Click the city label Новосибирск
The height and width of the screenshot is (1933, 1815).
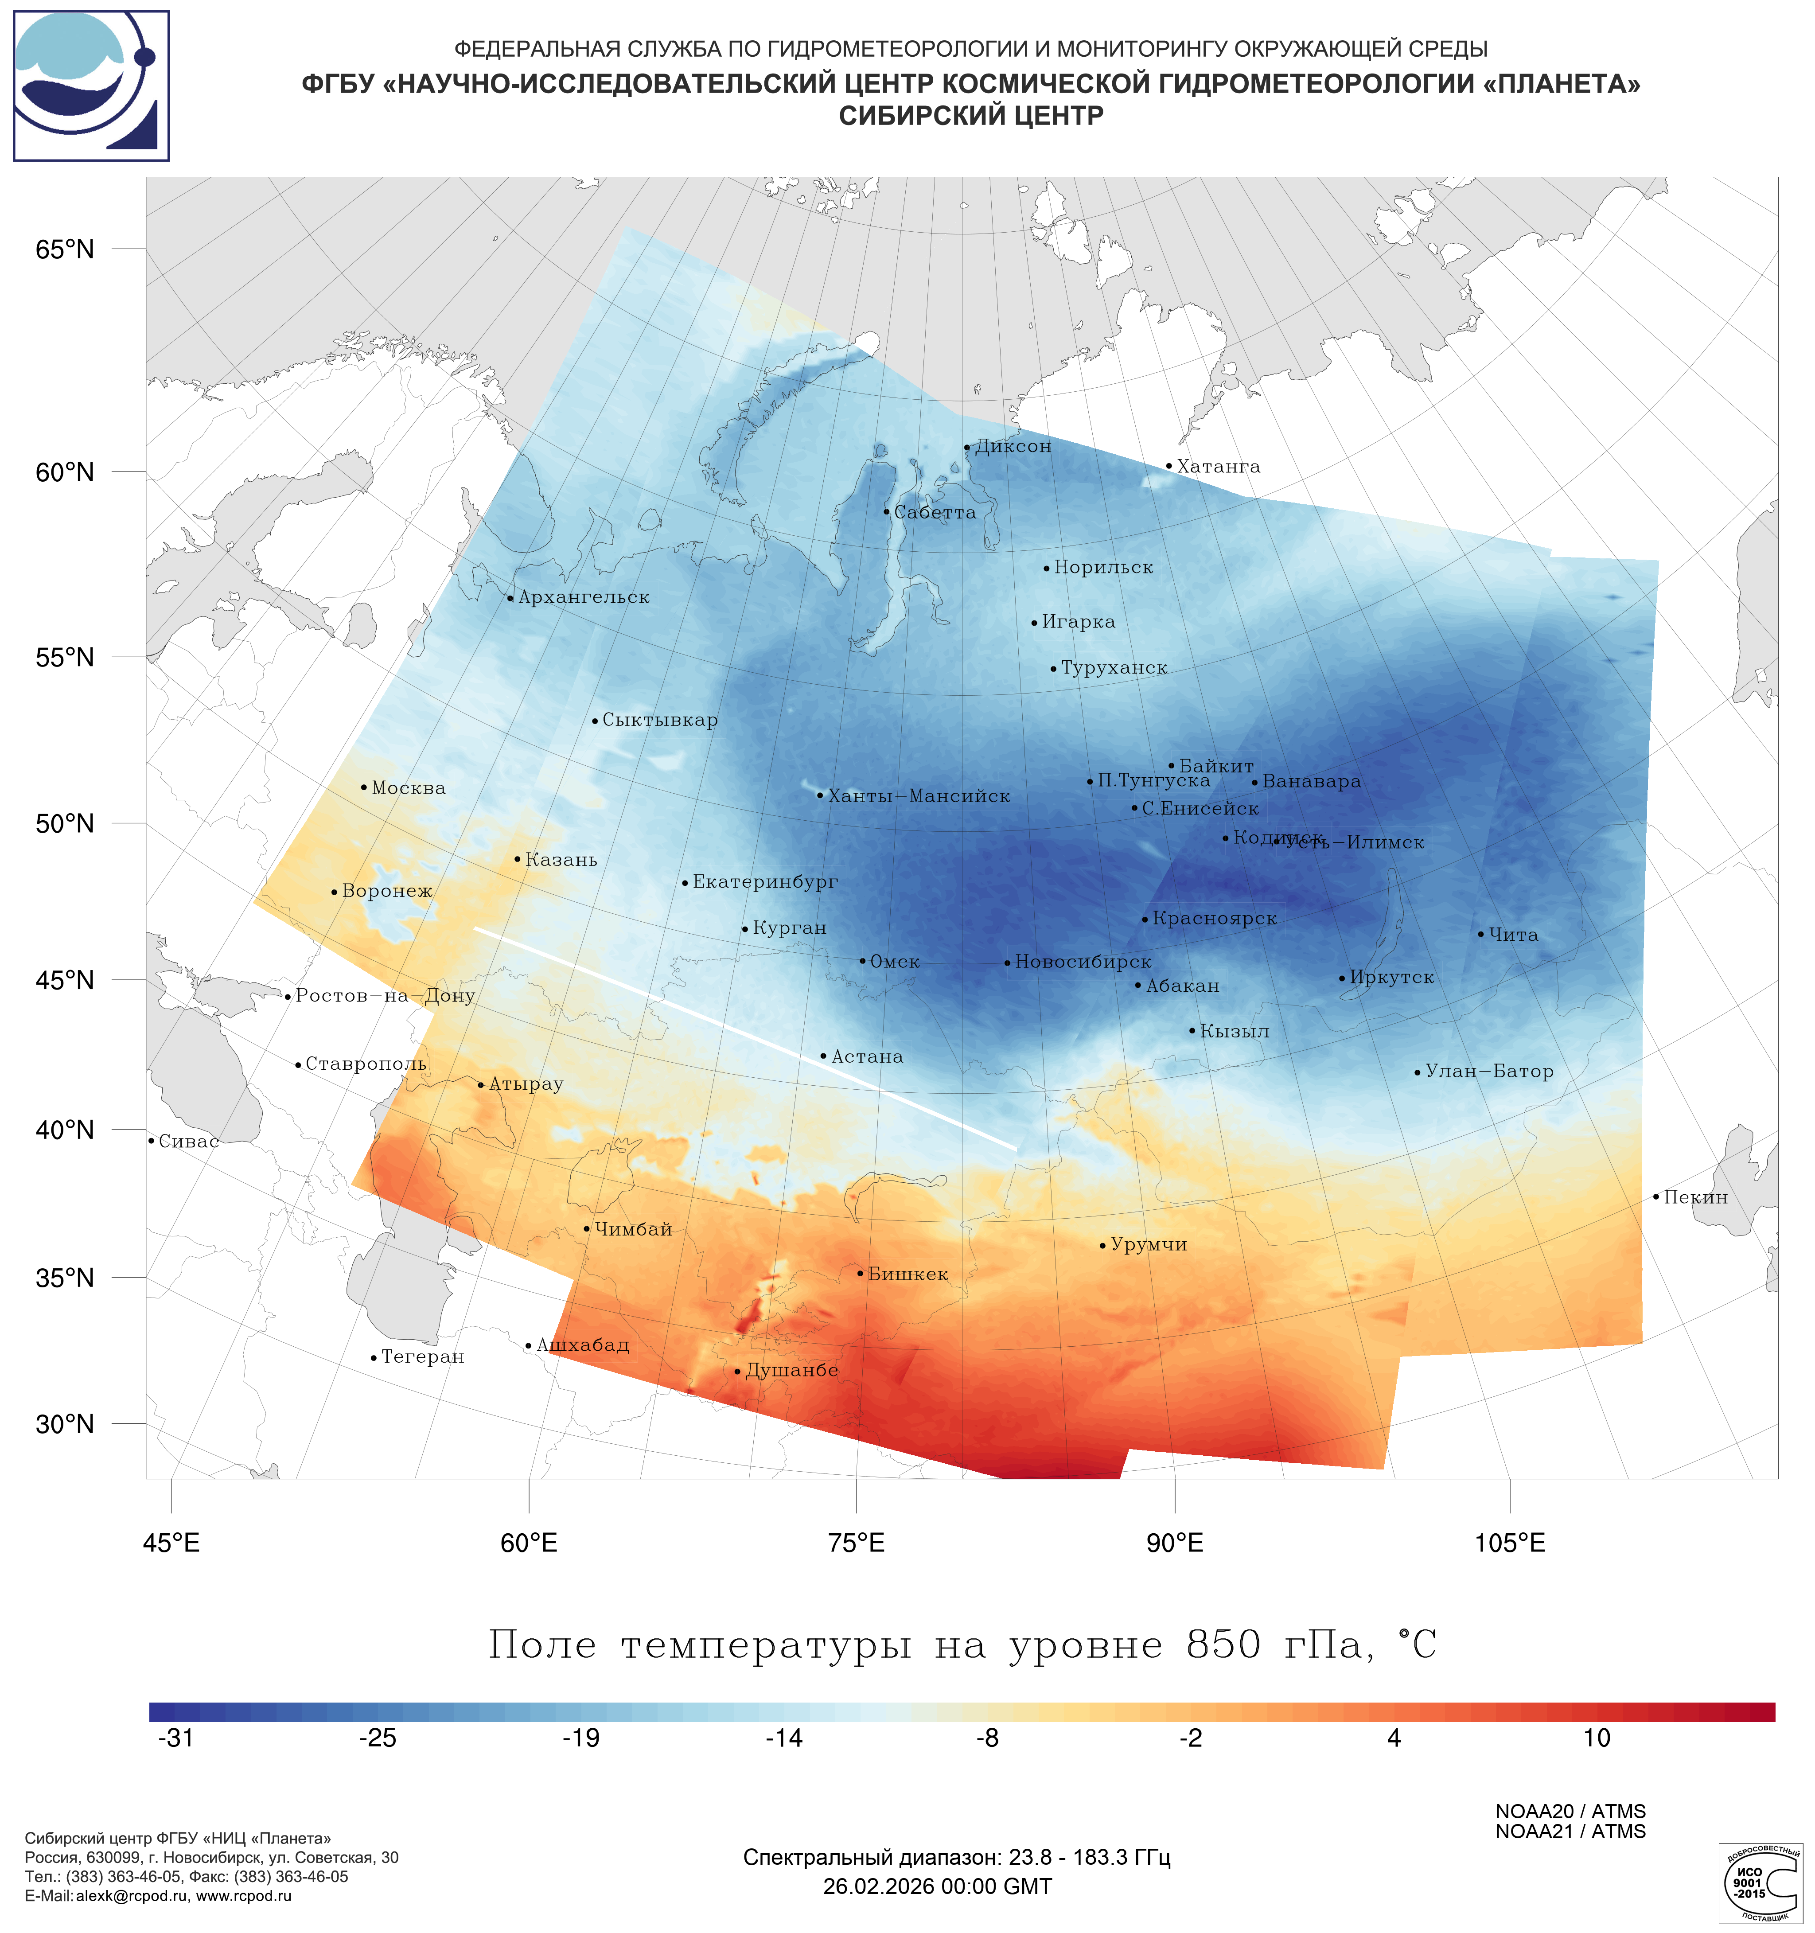point(1082,962)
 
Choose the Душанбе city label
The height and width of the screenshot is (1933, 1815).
point(791,1370)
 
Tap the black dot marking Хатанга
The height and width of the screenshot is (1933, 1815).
point(1168,466)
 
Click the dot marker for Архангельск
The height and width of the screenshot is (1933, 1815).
point(510,598)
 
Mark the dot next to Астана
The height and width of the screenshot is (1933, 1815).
point(823,1056)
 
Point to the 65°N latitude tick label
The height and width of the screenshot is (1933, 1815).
point(65,249)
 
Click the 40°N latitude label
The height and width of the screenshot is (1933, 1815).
point(65,1130)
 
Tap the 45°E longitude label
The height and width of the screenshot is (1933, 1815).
point(171,1543)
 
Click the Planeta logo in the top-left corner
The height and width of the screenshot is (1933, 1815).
point(91,86)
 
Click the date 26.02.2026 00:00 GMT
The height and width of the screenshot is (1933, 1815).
point(937,1886)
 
